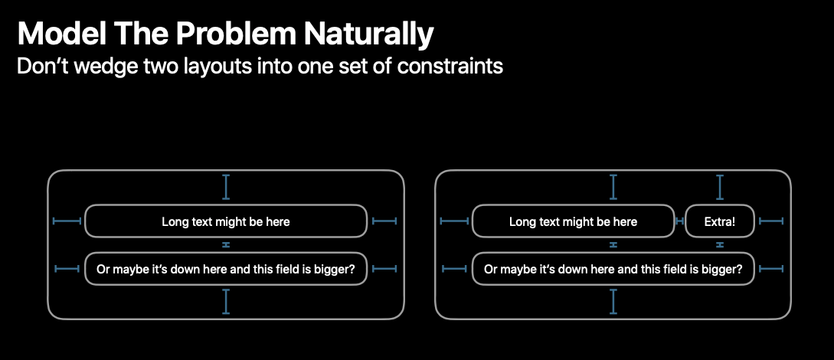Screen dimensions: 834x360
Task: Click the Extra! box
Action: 720,221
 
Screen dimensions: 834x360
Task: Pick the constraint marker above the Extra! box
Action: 720,187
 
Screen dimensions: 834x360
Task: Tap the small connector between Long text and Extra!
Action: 680,221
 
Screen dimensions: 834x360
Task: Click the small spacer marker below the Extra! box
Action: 720,244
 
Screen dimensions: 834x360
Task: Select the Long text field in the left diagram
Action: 226,221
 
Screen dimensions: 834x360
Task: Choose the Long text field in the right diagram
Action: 574,221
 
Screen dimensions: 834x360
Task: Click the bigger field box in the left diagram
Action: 226,269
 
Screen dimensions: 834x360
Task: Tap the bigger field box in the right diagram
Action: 613,269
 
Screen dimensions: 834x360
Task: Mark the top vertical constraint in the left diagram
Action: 226,187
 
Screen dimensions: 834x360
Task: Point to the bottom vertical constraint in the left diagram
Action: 226,302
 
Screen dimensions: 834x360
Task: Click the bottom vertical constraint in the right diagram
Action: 613,302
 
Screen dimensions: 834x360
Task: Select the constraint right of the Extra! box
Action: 771,221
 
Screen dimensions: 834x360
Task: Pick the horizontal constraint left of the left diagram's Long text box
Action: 67,221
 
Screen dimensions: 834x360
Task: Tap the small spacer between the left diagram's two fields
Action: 226,244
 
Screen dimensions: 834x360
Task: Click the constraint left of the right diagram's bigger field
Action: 456,269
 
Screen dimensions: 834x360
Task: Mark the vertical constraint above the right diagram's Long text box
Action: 613,187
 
